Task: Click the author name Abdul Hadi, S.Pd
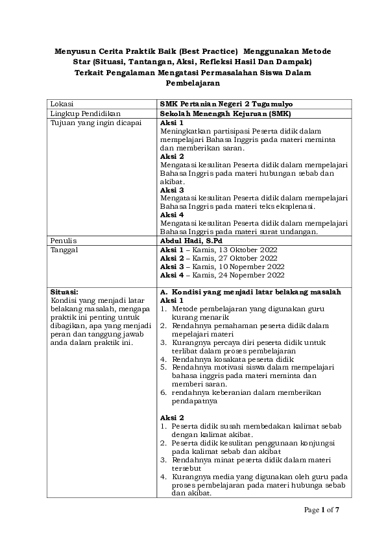coord(192,240)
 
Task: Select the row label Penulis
coord(64,240)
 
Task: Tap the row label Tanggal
coord(65,249)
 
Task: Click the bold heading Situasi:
coord(64,292)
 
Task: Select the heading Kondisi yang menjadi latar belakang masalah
coord(256,292)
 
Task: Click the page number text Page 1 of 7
coord(322,510)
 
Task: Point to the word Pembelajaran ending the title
coord(193,84)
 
